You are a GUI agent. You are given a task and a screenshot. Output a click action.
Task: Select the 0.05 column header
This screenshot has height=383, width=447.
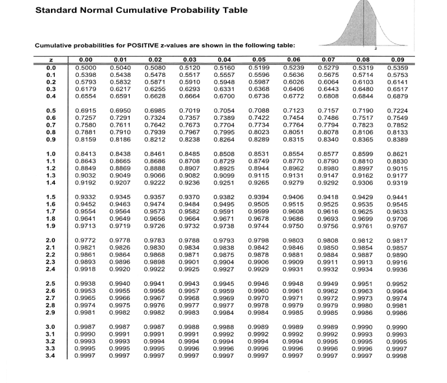click(257, 60)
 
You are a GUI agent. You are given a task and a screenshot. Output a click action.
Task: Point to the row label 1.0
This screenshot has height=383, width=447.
click(51, 152)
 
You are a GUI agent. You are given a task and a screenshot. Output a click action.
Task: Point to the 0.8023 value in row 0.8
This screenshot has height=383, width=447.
click(257, 130)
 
